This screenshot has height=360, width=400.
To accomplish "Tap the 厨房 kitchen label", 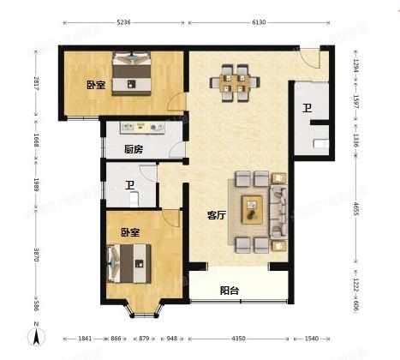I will [x=132, y=149].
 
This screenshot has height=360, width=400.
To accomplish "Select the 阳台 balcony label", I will [x=230, y=291].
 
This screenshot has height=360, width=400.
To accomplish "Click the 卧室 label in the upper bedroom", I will [x=95, y=84].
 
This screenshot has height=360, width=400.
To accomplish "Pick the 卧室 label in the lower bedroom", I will [x=130, y=231].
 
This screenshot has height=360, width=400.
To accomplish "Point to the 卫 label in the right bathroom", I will [x=307, y=109].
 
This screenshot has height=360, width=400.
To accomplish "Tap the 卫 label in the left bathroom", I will [x=130, y=185].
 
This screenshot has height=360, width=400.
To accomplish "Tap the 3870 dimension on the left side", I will [x=36, y=255].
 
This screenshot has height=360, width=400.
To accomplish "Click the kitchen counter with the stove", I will [x=142, y=128].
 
